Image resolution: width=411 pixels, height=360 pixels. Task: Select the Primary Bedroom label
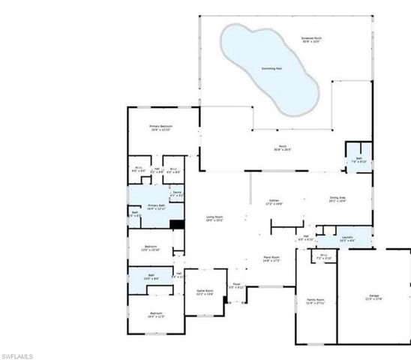pos(160,127)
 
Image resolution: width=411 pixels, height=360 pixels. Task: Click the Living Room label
pos(216,218)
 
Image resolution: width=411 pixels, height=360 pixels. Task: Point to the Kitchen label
pos(274,201)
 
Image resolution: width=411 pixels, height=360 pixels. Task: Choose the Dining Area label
pos(337,199)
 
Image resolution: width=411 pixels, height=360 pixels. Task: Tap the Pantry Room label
pos(315,301)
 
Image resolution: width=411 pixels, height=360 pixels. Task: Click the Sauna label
pos(177,193)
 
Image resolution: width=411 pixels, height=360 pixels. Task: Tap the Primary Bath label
pos(156,206)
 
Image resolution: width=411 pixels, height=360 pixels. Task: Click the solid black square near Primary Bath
pos(178,223)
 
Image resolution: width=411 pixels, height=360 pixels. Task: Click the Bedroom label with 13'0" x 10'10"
pos(151,247)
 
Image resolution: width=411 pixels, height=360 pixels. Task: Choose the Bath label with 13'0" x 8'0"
pos(150,279)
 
